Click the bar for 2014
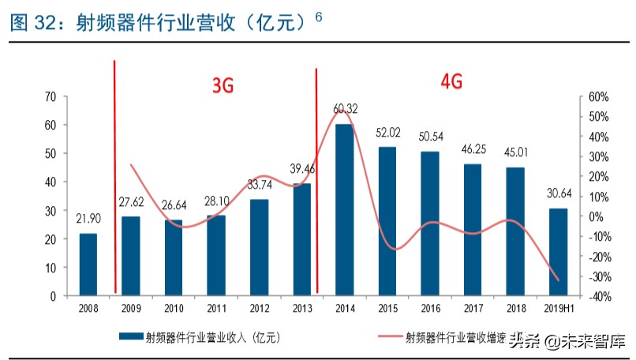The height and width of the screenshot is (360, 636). (344, 210)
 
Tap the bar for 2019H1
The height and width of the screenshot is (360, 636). (558, 252)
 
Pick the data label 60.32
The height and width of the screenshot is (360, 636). (345, 108)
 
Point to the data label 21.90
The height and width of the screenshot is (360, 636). (88, 218)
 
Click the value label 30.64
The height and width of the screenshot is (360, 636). (558, 193)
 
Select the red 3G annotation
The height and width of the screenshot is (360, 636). (223, 87)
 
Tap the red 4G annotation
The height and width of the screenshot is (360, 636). (451, 81)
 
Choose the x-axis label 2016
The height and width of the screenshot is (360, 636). (430, 308)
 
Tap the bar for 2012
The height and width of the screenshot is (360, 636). (259, 247)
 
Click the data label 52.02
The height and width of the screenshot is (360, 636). (387, 132)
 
